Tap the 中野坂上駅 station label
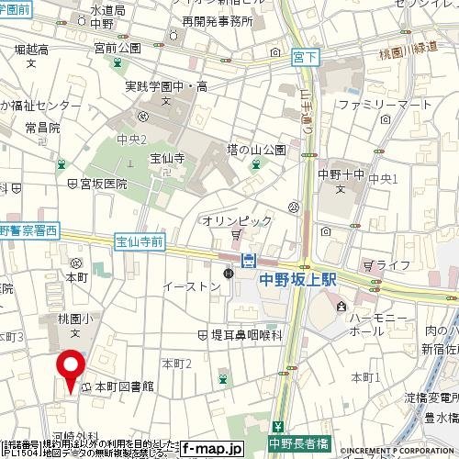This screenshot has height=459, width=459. tap(299, 283)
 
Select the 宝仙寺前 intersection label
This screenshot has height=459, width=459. tap(140, 242)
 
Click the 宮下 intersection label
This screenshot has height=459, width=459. tap(303, 56)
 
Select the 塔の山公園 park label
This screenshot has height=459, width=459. tap(258, 150)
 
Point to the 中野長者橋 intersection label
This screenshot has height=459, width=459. tap(303, 441)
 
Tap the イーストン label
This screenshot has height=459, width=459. tap(191, 286)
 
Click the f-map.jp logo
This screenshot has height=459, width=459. tap(211, 449)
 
